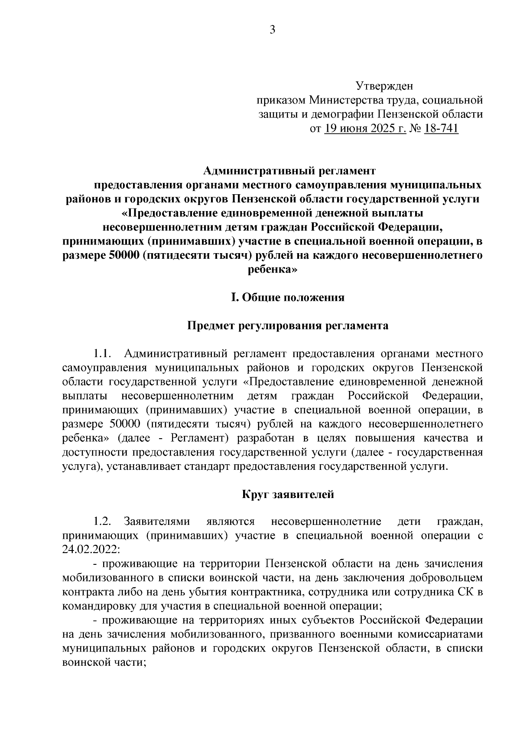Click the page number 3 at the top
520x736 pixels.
tap(273, 30)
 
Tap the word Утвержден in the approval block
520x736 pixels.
tap(384, 86)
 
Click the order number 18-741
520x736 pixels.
tap(441, 129)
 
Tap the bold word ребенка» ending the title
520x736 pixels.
tap(273, 269)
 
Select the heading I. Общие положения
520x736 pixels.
tap(288, 298)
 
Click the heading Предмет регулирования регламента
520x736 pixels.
tap(288, 326)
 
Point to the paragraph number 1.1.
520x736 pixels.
tap(103, 354)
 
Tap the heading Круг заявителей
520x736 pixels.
tap(288, 495)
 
